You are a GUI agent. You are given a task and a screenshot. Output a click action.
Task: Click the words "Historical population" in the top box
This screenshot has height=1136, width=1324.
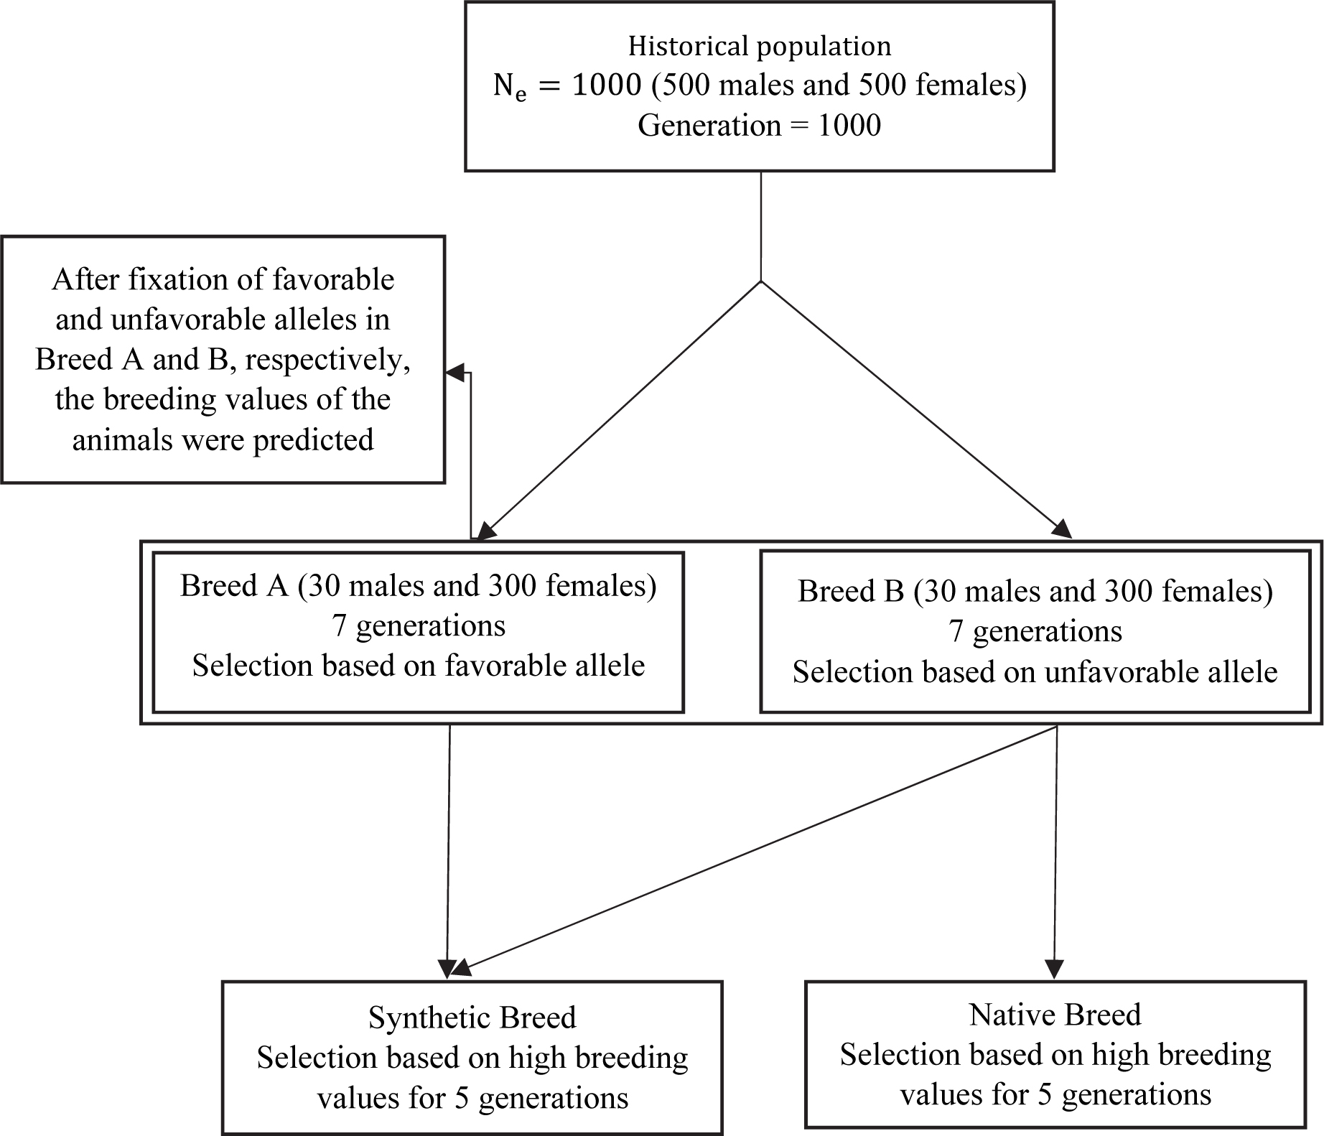click(x=760, y=47)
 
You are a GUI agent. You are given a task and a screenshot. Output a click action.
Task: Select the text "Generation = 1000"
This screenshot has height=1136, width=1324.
click(x=760, y=126)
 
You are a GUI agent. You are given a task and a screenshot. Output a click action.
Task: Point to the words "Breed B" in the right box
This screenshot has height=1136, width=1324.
click(x=851, y=592)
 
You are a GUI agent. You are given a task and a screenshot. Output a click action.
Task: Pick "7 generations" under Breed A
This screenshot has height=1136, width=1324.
click(x=419, y=626)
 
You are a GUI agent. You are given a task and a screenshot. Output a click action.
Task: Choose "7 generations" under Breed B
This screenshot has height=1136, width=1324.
click(x=1035, y=632)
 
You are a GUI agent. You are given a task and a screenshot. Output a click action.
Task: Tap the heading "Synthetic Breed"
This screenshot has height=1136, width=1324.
click(x=472, y=1018)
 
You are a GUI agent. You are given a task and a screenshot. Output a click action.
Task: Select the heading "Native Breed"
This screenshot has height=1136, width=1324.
click(x=1055, y=1015)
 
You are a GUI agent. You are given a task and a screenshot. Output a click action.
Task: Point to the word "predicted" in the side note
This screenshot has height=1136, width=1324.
click(x=314, y=440)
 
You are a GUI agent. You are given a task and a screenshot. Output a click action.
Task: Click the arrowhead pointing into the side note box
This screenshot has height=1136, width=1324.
click(x=454, y=373)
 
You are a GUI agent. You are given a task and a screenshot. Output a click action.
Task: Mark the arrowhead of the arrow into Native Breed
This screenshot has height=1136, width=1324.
click(x=1055, y=969)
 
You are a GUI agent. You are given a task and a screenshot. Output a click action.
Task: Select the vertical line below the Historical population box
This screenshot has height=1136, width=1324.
click(x=760, y=226)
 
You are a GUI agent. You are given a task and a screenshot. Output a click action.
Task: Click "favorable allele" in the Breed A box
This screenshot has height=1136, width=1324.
click(x=545, y=666)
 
